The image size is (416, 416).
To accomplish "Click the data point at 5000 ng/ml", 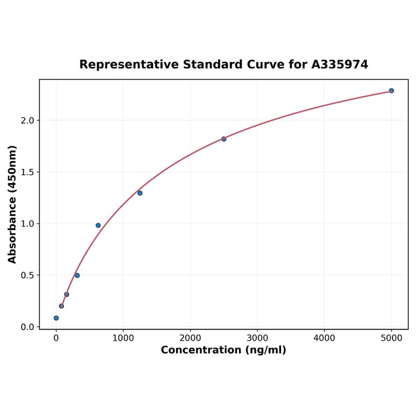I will point(391,90).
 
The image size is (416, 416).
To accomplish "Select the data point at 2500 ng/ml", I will point(224,139).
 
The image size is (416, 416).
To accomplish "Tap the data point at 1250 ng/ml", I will point(140,193).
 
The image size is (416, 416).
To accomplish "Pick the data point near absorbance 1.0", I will point(98,225).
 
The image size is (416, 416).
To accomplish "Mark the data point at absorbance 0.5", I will point(77,275).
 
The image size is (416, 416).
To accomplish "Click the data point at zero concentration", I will point(56,318).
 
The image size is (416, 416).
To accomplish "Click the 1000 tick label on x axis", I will point(123,338).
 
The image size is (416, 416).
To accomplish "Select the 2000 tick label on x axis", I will point(190,338).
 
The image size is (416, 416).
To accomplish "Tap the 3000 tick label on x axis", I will point(257,338).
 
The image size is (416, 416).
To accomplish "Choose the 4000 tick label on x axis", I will point(325,338).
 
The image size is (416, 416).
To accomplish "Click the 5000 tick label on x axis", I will point(391,338).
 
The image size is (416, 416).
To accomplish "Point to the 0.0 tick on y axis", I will point(27,327).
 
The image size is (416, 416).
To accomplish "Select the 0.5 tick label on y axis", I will point(27,276).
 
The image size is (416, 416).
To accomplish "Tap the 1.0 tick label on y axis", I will point(27,224).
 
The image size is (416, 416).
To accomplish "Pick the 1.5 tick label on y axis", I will point(27,172).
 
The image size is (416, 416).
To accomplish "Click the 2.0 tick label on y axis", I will point(27,120).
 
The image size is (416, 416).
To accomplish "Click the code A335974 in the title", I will point(340,64).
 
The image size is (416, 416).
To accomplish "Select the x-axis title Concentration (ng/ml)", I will point(223,350).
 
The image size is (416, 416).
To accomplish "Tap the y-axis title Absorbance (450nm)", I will point(13,204).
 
